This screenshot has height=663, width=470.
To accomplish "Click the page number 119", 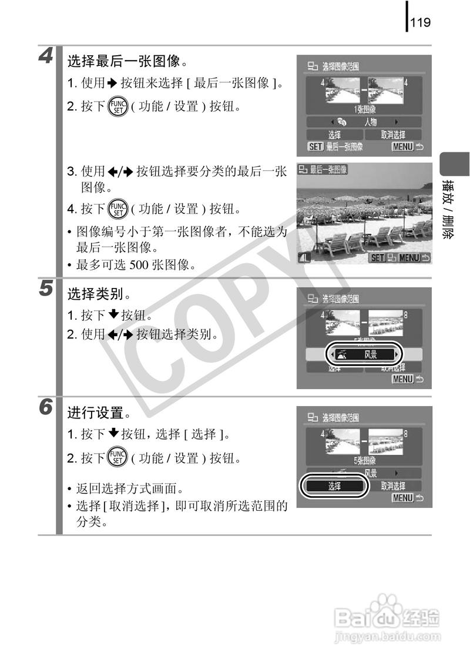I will click(421, 23).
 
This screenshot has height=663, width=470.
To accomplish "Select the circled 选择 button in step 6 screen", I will click(334, 486).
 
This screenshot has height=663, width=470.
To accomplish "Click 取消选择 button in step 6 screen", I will click(392, 486).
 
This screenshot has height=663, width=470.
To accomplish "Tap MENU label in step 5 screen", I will click(402, 380).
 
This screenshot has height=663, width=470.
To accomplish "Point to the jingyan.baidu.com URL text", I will click(386, 637).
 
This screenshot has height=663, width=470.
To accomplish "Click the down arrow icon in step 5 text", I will click(115, 316).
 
